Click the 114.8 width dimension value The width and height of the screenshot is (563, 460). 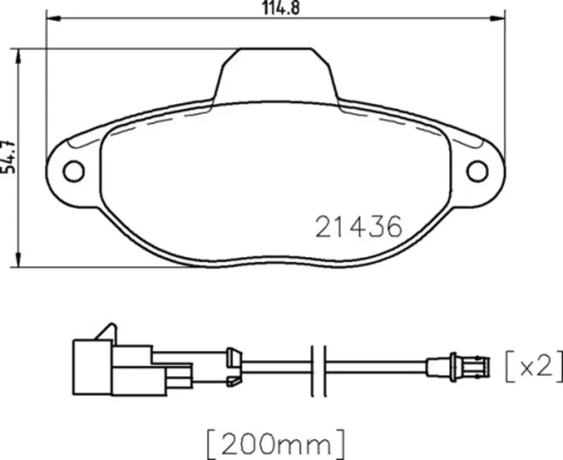(x=281, y=8)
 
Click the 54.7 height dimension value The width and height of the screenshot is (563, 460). (x=8, y=156)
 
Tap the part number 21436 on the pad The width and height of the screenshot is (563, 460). (x=359, y=227)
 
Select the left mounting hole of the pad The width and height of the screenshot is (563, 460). (x=74, y=171)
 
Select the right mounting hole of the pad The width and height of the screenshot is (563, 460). (x=477, y=171)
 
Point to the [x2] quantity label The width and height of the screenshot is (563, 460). (x=534, y=367)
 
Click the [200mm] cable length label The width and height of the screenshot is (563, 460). (x=276, y=445)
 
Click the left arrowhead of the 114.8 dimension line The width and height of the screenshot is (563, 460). (x=53, y=18)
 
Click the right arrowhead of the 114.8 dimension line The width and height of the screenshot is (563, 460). (x=498, y=18)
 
